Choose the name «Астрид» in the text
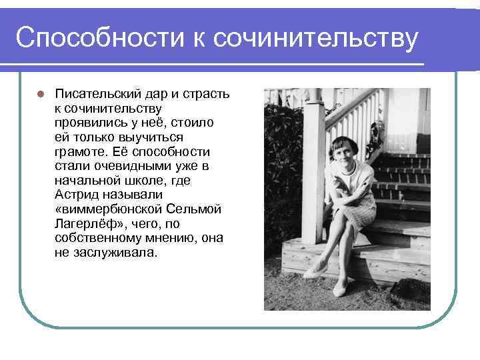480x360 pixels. pyautogui.click(x=76, y=195)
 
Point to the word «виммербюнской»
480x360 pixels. pyautogui.click(x=109, y=209)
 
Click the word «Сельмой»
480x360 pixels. pyautogui.click(x=196, y=209)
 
